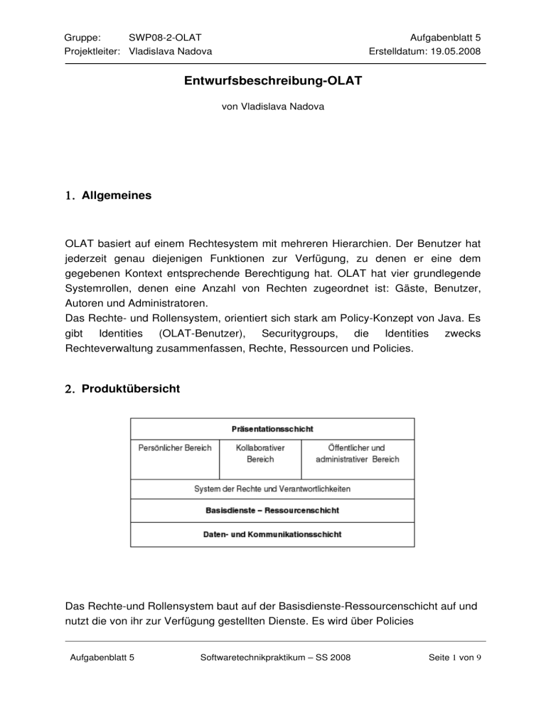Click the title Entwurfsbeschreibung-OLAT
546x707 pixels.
pyautogui.click(x=272, y=82)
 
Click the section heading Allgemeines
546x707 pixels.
pyautogui.click(x=116, y=194)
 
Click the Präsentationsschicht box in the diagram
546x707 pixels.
pyautogui.click(x=272, y=429)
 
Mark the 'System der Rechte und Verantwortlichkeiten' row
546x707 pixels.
pyautogui.click(x=272, y=489)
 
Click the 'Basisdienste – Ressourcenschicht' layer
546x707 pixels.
pyautogui.click(x=272, y=511)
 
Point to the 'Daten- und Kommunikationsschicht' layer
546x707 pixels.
pyautogui.click(x=272, y=534)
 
